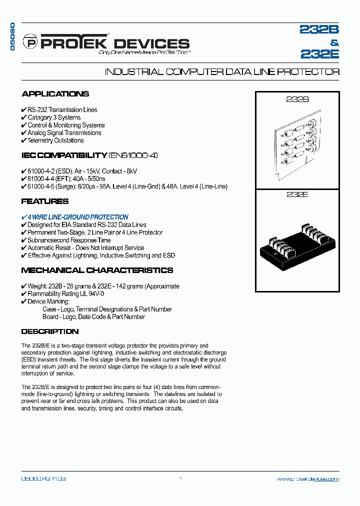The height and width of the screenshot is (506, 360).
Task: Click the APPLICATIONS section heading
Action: pos(55,94)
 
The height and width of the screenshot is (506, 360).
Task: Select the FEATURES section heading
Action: pos(45,201)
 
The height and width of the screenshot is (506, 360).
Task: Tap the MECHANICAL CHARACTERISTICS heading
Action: pos(97,270)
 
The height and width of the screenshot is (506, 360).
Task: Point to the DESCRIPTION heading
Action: pos(50,331)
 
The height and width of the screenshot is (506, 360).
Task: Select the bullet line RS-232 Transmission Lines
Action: pos(62,110)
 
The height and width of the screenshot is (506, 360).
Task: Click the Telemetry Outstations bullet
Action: pos(55,140)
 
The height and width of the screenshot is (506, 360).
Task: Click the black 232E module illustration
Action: pos(297,245)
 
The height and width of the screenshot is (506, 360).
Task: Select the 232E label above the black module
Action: pos(297,194)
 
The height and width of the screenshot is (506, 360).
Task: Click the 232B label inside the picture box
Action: pos(297,99)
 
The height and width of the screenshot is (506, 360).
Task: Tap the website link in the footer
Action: pos(307,478)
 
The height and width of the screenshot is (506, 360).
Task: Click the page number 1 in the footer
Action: pos(180,478)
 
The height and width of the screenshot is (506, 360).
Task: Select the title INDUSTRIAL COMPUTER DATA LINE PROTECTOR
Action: pos(222,72)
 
